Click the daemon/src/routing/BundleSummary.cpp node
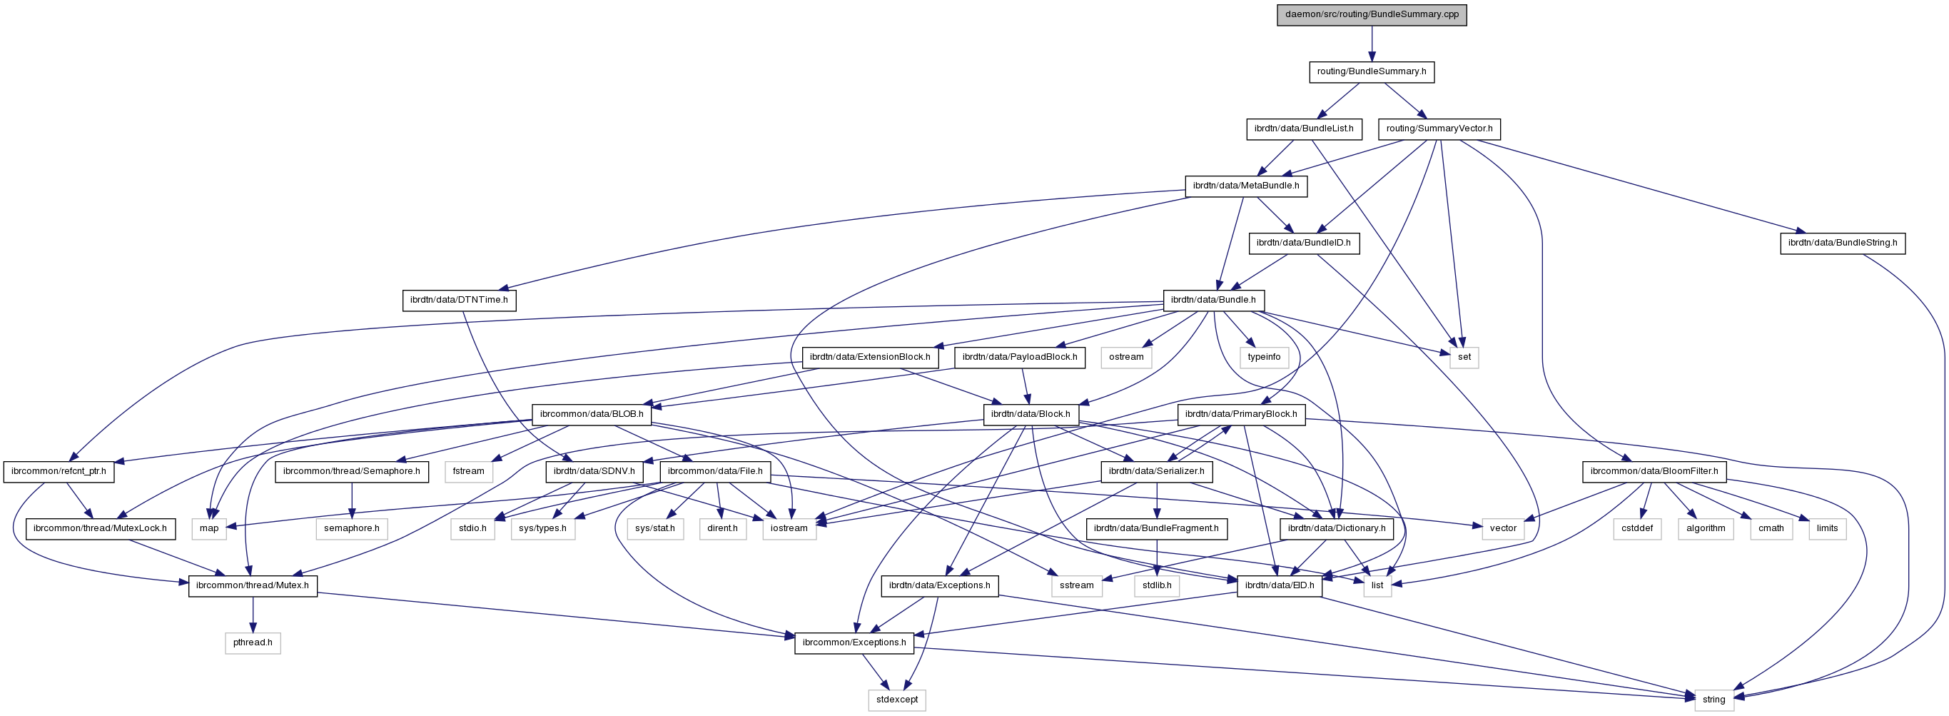[1371, 14]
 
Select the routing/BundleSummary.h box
[1371, 72]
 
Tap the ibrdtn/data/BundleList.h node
[1303, 128]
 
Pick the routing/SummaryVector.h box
[1438, 128]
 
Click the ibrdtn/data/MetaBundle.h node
[1245, 186]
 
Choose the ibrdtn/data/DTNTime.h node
[458, 301]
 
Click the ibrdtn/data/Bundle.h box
[1213, 301]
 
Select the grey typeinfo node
[1265, 357]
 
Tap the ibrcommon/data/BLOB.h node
[591, 415]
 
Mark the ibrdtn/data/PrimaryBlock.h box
[1240, 415]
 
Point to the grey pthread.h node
[253, 643]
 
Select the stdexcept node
[896, 700]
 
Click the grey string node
[1713, 700]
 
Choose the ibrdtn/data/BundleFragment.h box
[1155, 529]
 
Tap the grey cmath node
[1771, 529]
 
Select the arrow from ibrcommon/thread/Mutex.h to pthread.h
[253, 615]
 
